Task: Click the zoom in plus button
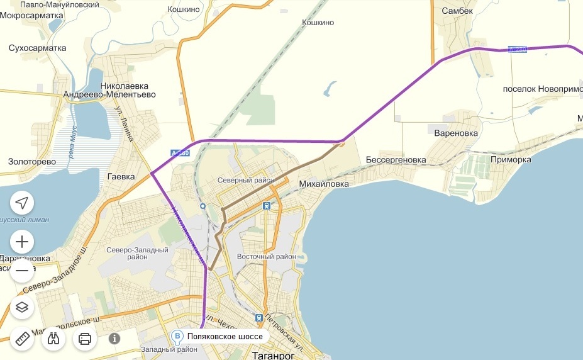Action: [22, 242]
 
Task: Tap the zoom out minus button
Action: [22, 271]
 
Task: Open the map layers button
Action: [22, 307]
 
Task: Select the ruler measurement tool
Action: [22, 339]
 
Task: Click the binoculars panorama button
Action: [53, 339]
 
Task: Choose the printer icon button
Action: [85, 339]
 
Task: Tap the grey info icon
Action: [114, 339]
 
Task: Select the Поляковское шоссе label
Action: [225, 337]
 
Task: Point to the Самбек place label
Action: [457, 11]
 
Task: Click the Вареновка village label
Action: [456, 133]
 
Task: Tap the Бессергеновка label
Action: [396, 160]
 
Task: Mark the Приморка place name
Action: [511, 160]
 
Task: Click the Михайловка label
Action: [324, 184]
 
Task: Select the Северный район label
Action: [246, 181]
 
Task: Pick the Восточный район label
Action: [266, 257]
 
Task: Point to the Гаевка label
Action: [121, 177]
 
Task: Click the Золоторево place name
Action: [31, 162]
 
